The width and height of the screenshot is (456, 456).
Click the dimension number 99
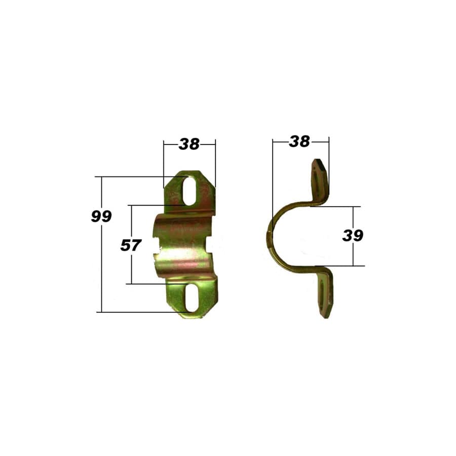point(101,216)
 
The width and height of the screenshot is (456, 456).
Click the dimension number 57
point(130,245)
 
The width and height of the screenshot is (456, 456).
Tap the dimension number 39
point(353,236)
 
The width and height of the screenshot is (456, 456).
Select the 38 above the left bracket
point(189,144)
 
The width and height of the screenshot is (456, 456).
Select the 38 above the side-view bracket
point(299,142)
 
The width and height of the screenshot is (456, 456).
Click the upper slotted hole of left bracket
point(189,191)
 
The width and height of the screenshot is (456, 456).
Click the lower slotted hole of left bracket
point(192,297)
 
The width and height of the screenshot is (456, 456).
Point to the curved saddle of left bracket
point(185,245)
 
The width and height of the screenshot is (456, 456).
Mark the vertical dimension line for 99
point(102,263)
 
